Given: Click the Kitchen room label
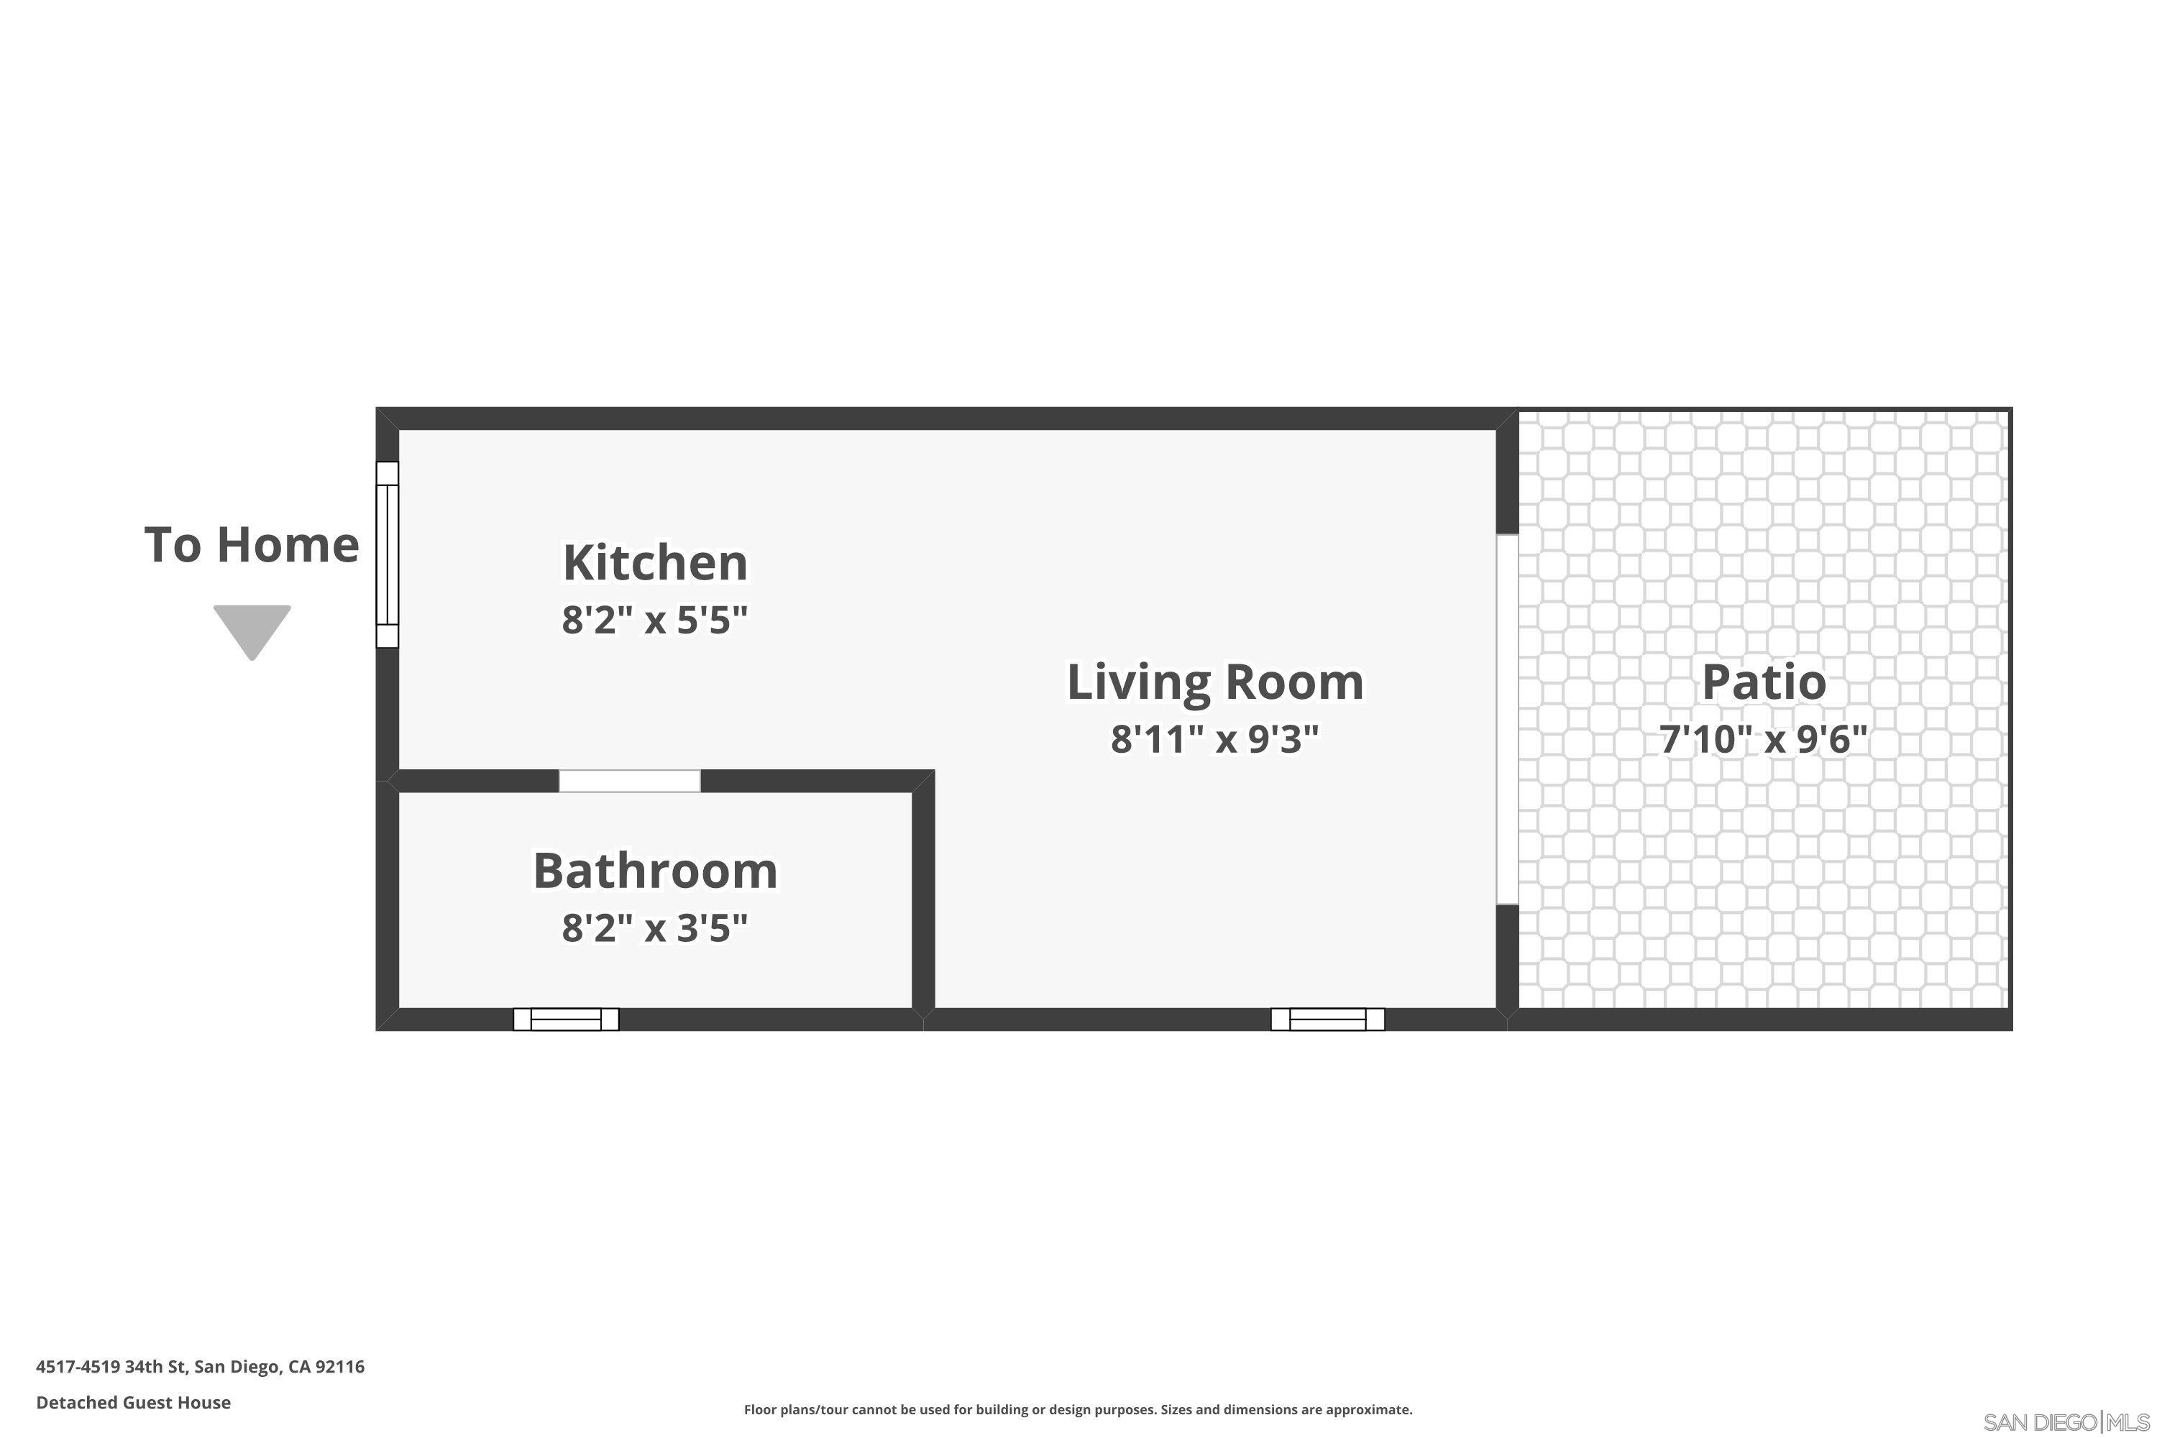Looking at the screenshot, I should click(x=655, y=562).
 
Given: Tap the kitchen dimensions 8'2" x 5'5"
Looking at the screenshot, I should click(x=655, y=620).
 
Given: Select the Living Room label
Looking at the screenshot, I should click(x=1214, y=682).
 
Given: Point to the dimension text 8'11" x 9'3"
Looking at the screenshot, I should click(x=1214, y=738).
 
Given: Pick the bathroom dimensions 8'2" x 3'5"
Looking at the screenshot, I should click(x=655, y=928).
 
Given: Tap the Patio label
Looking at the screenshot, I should click(x=1764, y=682).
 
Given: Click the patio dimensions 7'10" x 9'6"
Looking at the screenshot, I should click(x=1764, y=738).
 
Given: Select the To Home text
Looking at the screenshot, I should click(x=251, y=545).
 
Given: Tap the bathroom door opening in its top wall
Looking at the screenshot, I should click(x=630, y=780).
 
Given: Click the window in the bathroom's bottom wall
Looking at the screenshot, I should click(x=566, y=1019).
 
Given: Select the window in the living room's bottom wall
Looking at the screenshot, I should click(x=1327, y=1019).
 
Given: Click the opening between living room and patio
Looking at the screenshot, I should click(x=1507, y=719).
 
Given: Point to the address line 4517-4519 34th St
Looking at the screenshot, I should click(x=200, y=1367).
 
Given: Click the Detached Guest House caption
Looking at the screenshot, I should click(x=133, y=1402).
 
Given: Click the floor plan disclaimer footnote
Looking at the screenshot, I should click(x=1078, y=1409).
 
